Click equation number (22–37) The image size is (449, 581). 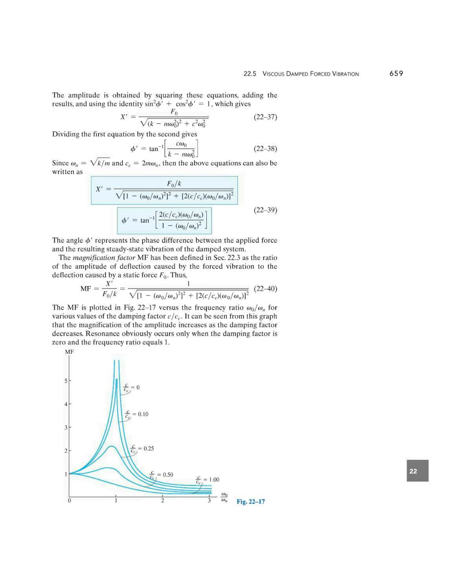pyautogui.click(x=265, y=117)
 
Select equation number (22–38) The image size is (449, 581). pyautogui.click(x=265, y=148)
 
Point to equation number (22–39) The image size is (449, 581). pyautogui.click(x=265, y=210)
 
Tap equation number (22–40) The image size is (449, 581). pyautogui.click(x=265, y=289)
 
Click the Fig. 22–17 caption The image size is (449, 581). pyautogui.click(x=251, y=501)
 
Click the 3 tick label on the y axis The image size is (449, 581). pyautogui.click(x=66, y=428)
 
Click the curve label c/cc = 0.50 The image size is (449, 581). pyautogui.click(x=161, y=475)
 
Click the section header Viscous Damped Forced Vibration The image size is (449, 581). pyautogui.click(x=310, y=74)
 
